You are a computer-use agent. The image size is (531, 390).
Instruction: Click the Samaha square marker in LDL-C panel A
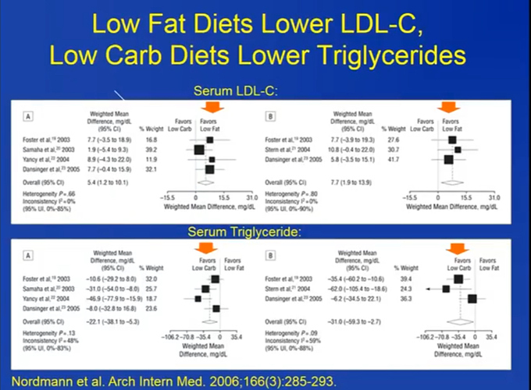pyautogui.click(x=199, y=149)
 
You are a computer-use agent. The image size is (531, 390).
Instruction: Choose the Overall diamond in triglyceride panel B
pyautogui.click(x=457, y=319)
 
